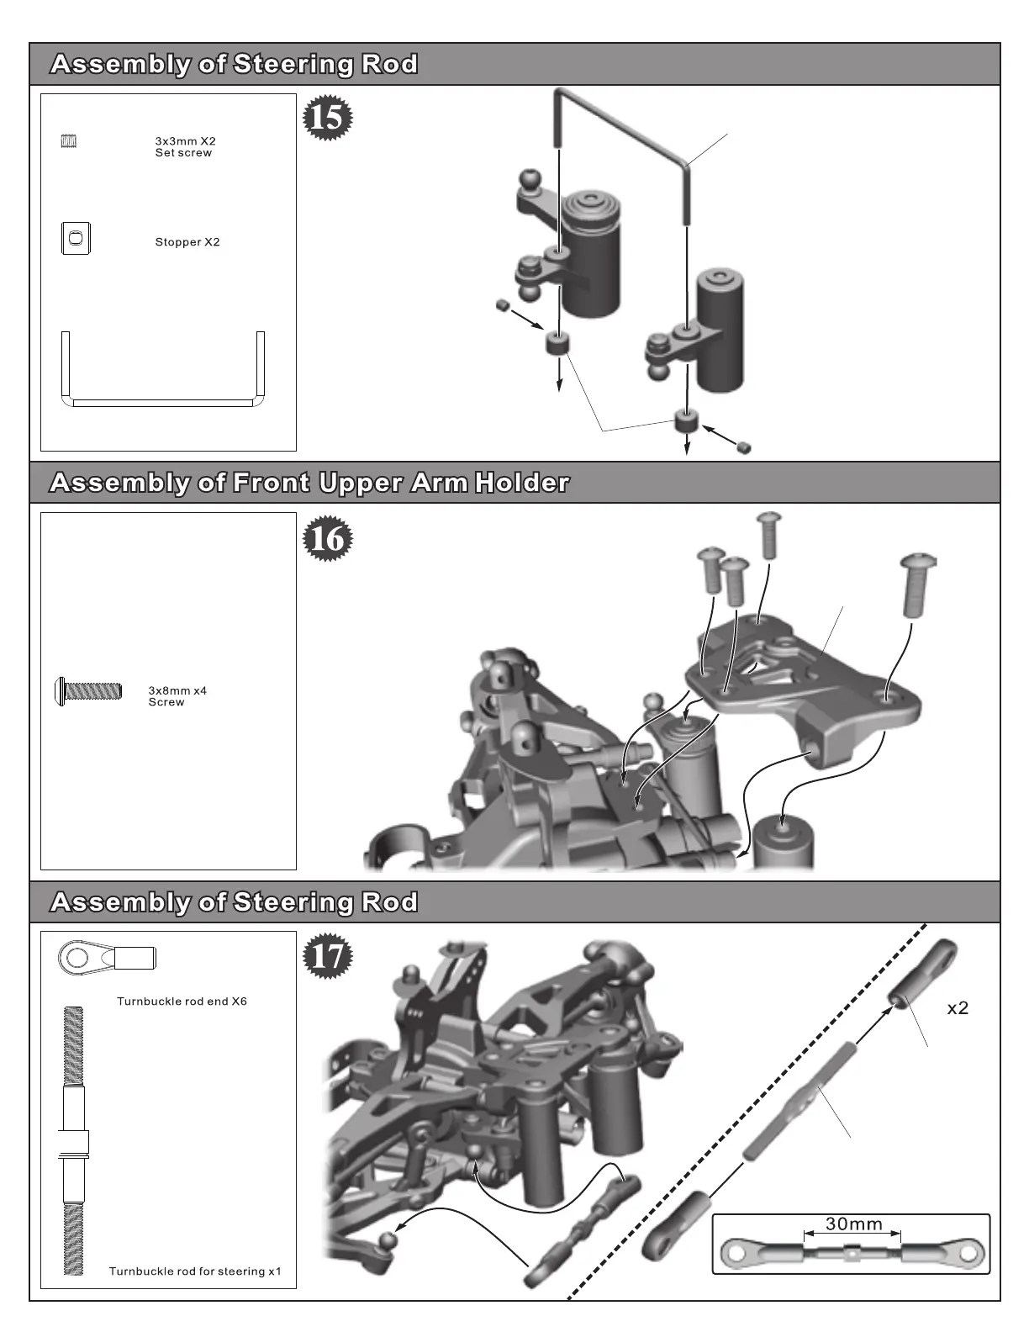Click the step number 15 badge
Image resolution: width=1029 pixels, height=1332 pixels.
327,118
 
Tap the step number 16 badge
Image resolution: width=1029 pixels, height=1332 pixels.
327,538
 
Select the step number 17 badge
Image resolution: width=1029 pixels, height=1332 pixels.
327,956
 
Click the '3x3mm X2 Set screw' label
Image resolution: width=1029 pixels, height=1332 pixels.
185,147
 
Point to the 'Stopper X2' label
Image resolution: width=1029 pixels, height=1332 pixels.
187,242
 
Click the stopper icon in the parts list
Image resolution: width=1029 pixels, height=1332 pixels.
76,238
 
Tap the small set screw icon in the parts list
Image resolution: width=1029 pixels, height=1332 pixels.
69,141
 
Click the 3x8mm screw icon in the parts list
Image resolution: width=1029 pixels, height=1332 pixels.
88,691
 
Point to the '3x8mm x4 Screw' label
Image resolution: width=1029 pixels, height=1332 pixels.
177,696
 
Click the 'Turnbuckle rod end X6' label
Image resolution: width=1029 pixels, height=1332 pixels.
182,1002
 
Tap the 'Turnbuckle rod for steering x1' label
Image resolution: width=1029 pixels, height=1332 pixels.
195,1271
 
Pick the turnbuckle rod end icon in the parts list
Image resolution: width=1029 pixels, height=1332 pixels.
106,957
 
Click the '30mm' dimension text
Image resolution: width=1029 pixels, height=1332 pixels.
853,1224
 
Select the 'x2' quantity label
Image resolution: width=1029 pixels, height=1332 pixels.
958,1008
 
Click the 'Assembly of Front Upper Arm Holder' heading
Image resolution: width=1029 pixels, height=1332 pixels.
309,483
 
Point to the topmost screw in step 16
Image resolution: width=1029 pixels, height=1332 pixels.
768,534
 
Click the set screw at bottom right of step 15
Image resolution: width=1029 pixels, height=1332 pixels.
743,447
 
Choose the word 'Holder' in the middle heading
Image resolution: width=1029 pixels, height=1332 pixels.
522,483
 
